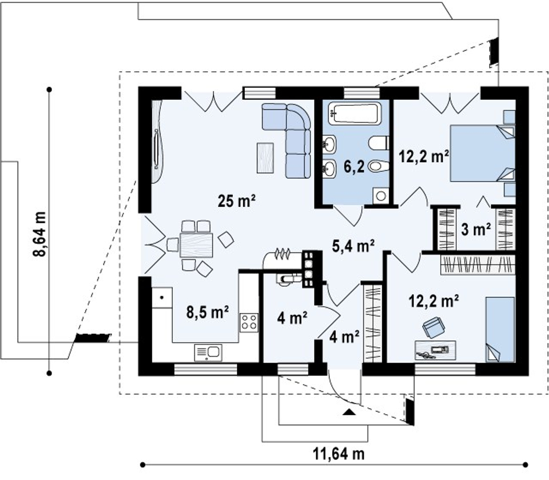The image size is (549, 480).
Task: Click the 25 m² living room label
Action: tap(237, 201)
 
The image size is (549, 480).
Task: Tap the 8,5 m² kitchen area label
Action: tap(208, 312)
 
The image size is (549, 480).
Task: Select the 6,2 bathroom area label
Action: tap(354, 167)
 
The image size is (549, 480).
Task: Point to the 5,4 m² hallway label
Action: tap(353, 246)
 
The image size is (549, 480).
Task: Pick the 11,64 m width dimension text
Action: tap(338, 454)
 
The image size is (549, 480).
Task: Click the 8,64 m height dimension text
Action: tap(40, 234)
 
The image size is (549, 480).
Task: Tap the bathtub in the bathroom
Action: tap(355, 113)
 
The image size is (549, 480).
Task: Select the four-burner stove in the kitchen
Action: tap(249, 322)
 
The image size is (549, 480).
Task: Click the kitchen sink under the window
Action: tap(208, 353)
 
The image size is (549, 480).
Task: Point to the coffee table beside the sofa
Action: tap(265, 157)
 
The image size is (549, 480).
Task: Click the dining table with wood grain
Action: tap(197, 245)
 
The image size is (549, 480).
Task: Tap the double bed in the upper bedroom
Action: tap(483, 153)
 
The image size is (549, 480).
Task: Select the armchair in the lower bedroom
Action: tap(434, 327)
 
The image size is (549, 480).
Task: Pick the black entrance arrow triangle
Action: tap(349, 412)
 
